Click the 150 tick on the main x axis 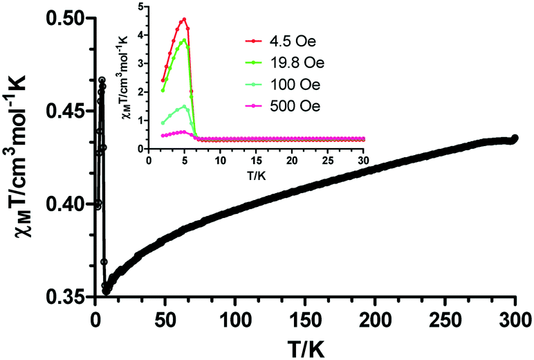(305, 322)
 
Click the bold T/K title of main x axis (305, 347)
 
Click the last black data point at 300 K (515, 138)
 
